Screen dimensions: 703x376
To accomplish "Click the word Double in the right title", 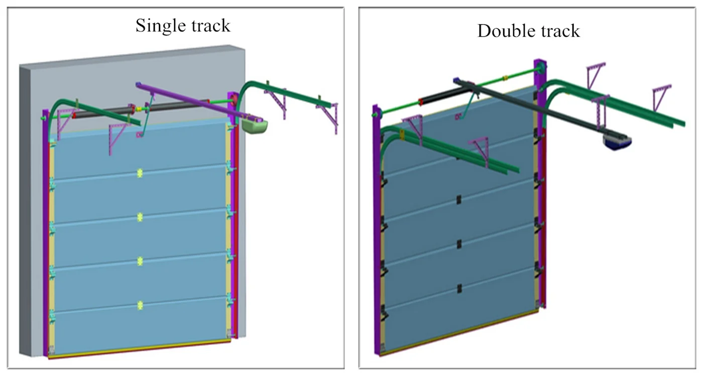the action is [x=503, y=31].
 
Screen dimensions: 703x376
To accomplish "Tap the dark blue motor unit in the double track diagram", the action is [x=617, y=142].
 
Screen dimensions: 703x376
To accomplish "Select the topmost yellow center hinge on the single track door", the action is [x=140, y=173].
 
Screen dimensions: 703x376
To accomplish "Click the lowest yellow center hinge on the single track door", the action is [x=140, y=304].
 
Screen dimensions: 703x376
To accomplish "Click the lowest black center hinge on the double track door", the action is [x=459, y=288].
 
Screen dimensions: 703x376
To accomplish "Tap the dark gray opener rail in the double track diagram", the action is [x=542, y=113].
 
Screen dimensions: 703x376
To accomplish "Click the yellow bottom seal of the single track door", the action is [x=141, y=349].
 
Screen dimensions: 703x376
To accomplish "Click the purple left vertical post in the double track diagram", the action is [x=376, y=226].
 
